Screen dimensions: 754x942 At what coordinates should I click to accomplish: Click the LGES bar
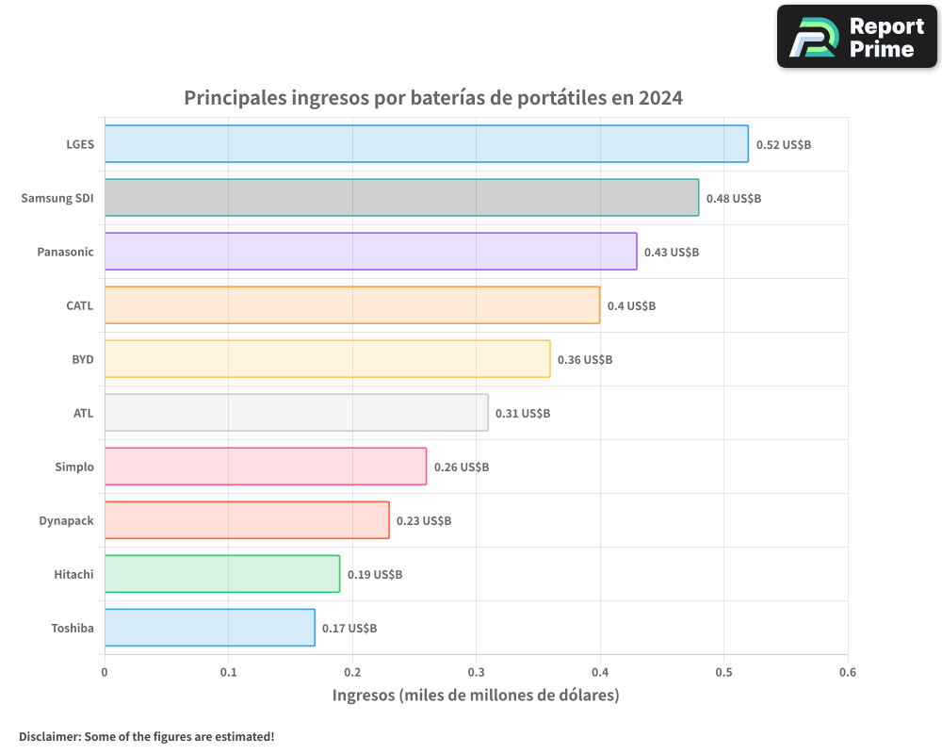click(426, 144)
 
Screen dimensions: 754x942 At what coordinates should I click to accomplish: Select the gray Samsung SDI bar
click(401, 198)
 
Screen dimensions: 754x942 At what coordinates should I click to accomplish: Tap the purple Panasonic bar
click(370, 252)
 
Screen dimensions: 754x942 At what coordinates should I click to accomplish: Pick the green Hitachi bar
click(221, 574)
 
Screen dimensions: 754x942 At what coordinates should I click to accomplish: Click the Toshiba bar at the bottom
click(209, 628)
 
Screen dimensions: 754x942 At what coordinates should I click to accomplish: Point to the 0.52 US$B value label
click(783, 145)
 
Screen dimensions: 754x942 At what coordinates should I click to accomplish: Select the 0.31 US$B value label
click(523, 414)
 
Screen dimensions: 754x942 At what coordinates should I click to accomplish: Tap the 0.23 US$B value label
click(423, 521)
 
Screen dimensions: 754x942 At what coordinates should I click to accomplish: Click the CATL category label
click(80, 306)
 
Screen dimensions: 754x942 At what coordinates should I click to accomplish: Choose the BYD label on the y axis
click(83, 360)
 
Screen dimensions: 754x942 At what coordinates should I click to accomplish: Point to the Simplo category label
click(74, 467)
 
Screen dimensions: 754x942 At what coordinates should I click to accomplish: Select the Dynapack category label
click(66, 521)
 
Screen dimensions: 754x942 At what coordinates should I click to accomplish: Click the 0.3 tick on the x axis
click(476, 673)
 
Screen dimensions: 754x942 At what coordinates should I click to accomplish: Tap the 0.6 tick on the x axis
click(848, 673)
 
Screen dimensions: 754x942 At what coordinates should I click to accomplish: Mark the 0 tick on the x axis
click(105, 673)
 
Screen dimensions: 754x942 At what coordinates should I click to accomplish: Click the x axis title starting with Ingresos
click(476, 696)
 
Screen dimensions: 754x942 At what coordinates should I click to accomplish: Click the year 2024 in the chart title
click(659, 98)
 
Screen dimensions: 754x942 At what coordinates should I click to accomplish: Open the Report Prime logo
click(857, 37)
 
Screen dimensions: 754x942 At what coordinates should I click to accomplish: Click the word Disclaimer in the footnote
click(49, 736)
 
